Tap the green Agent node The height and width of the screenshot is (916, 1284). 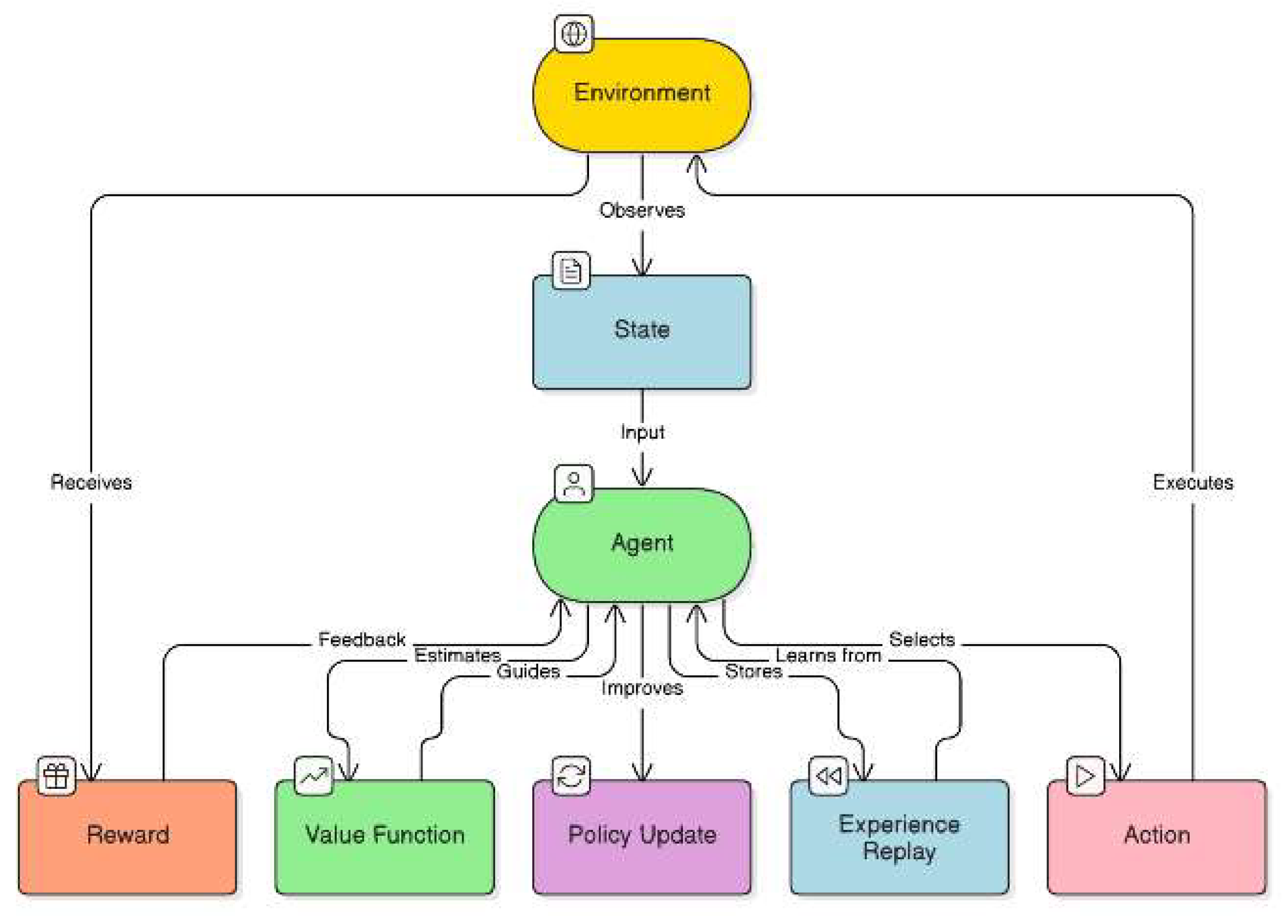coord(641,544)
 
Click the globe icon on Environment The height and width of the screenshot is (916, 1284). coord(573,34)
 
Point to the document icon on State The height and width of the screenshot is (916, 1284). coord(570,271)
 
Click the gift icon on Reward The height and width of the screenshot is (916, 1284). coord(56,776)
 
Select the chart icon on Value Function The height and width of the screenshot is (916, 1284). coord(313,776)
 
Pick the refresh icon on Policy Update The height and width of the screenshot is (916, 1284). coord(570,776)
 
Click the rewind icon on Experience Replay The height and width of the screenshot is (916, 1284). coord(828,776)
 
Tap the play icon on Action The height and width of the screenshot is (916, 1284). coord(1085,776)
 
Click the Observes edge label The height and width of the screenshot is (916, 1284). coord(641,210)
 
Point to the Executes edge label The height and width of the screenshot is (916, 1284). coord(1193,483)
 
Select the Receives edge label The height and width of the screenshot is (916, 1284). coord(91,482)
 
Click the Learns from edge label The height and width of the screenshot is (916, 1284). coord(828,656)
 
